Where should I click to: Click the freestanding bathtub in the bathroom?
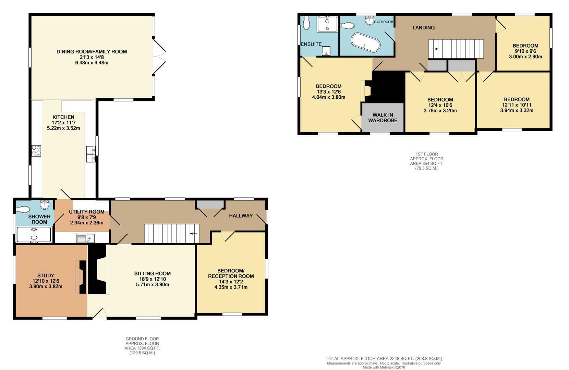point(365,42)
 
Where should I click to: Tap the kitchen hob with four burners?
point(36,150)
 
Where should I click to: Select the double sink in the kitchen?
point(91,154)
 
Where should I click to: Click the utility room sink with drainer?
point(85,238)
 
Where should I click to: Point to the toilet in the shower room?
point(23,209)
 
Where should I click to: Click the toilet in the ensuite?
point(306,23)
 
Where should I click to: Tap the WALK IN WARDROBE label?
point(383,118)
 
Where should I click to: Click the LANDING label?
point(423,27)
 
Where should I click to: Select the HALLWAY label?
point(241,215)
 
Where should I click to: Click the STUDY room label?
point(46,275)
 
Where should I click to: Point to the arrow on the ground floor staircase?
point(194,233)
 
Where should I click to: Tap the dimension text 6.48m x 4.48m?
point(92,62)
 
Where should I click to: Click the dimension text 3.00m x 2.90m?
point(525,57)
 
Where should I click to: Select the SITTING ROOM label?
point(153,273)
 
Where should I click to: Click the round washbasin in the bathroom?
point(370,21)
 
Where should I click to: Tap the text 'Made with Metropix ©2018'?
point(384,367)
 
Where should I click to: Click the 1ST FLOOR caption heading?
point(427,154)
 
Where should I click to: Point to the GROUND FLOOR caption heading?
point(142,339)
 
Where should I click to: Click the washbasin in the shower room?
point(45,205)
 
